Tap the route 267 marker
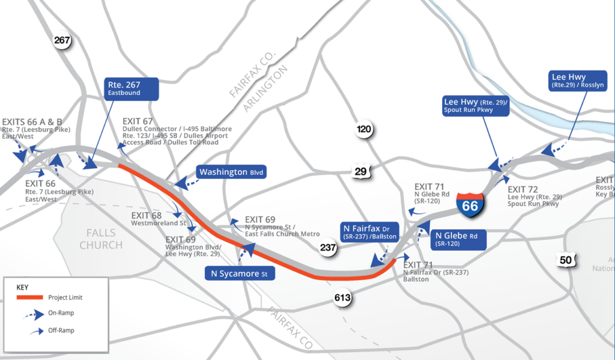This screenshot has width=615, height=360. pos(62,41)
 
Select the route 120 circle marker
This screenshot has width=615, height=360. pos(364,129)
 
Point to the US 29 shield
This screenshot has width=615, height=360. pos(360,172)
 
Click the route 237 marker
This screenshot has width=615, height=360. pos(328,246)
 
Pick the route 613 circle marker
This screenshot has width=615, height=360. pos(343,297)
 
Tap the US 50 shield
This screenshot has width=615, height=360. pos(565,260)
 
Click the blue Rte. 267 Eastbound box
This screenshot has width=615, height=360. pos(132,88)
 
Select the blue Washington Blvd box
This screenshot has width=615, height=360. pos(231,172)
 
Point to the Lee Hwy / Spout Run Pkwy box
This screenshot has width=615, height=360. pos(476,105)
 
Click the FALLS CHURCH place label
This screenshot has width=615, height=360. pos(101,239)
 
